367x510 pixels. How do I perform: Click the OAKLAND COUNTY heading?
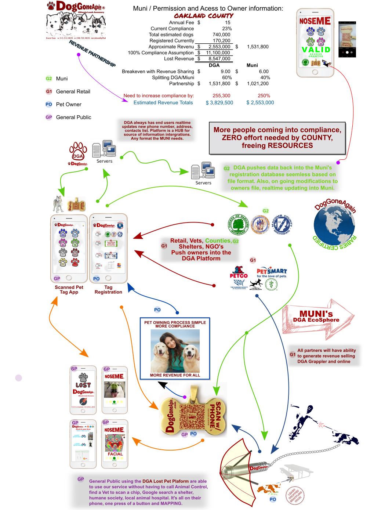coord(204,16)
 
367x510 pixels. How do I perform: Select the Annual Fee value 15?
coord(228,22)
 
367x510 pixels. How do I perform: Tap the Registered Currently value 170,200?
coord(222,41)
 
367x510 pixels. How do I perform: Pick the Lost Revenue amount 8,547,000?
coord(219,59)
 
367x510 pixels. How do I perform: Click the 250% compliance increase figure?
coord(264,95)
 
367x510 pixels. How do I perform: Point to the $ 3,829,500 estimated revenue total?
coord(219,103)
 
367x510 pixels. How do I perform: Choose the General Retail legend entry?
coord(73,91)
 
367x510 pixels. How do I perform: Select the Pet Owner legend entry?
coord(69,104)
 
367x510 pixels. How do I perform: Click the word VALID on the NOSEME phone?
coord(316,50)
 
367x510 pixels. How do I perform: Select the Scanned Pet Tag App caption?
coord(69,290)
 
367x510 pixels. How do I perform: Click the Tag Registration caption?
coord(108,290)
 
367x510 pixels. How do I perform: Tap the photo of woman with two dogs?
coord(175,351)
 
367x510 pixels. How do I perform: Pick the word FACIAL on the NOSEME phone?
coord(115,454)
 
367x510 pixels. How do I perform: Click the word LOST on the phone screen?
coord(83,385)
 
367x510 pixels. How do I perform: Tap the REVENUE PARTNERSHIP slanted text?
coord(92,54)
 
